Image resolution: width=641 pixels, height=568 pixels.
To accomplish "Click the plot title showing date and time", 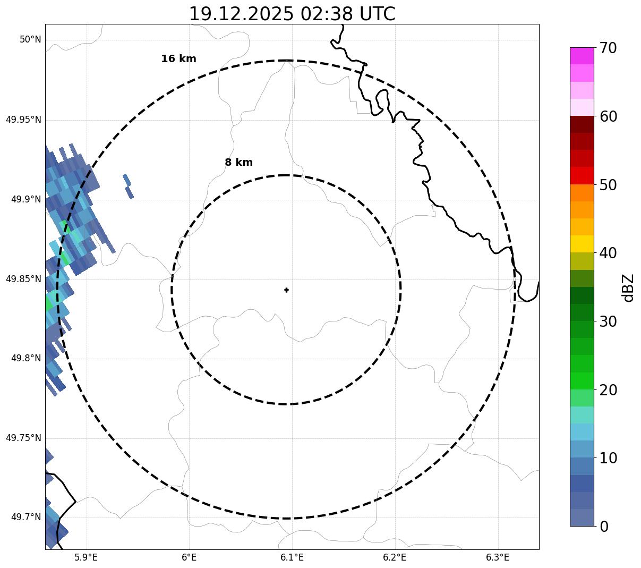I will tap(292, 14).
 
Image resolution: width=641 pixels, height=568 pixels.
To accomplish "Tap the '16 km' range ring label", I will tap(178, 59).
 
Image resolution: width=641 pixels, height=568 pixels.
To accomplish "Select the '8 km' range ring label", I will tap(238, 163).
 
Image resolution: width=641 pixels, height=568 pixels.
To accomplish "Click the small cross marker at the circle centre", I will tap(286, 290).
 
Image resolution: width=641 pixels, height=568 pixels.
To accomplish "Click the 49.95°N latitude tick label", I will tap(23, 120).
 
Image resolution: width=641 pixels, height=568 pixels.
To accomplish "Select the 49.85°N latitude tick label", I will tap(23, 279).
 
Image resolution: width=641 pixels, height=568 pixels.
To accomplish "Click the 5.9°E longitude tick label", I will tap(86, 557).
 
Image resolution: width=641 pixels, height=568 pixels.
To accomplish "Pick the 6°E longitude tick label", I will tap(189, 557).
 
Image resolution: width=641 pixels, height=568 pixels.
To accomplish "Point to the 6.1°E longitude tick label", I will tap(292, 557).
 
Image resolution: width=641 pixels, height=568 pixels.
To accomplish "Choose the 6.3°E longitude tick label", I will tap(498, 557).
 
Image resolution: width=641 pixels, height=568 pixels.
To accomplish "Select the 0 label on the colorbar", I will tap(604, 527).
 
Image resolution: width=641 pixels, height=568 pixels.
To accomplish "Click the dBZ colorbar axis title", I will tap(628, 287).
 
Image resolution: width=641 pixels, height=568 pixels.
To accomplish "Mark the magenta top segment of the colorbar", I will tap(582, 56).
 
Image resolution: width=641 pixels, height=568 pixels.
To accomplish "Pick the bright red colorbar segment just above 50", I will tap(582, 175).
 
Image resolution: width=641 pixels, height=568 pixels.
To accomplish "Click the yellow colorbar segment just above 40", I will tap(582, 244).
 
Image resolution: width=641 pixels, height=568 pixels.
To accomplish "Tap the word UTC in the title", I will tap(377, 14).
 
